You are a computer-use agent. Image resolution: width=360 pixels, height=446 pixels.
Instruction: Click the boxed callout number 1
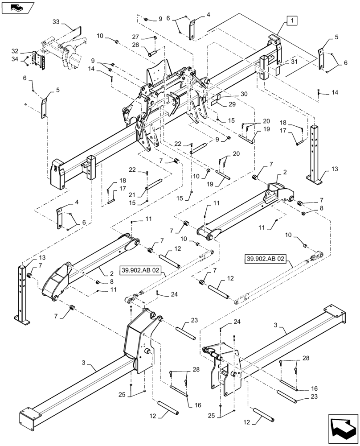290,20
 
